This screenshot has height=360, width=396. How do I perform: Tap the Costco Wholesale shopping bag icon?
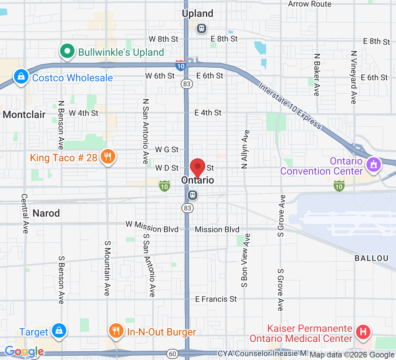21,77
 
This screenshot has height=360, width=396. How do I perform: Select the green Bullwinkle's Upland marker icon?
67,51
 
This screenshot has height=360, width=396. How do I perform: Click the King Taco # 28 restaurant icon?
108,157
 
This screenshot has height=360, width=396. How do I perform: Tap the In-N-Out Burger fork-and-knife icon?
116,330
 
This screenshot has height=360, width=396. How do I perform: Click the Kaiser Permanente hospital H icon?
363,333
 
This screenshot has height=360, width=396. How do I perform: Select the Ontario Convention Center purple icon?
373,165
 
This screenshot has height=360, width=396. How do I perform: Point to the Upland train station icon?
202,28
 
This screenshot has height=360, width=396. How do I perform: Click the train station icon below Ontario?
193,195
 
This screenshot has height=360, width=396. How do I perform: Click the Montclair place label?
24,115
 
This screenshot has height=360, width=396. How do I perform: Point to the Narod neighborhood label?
46,213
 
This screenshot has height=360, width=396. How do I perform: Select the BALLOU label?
372,258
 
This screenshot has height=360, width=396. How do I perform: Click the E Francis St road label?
216,299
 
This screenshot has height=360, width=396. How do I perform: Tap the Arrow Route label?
310,4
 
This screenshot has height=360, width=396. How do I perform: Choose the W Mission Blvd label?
152,226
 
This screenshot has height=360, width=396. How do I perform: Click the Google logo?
24,351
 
